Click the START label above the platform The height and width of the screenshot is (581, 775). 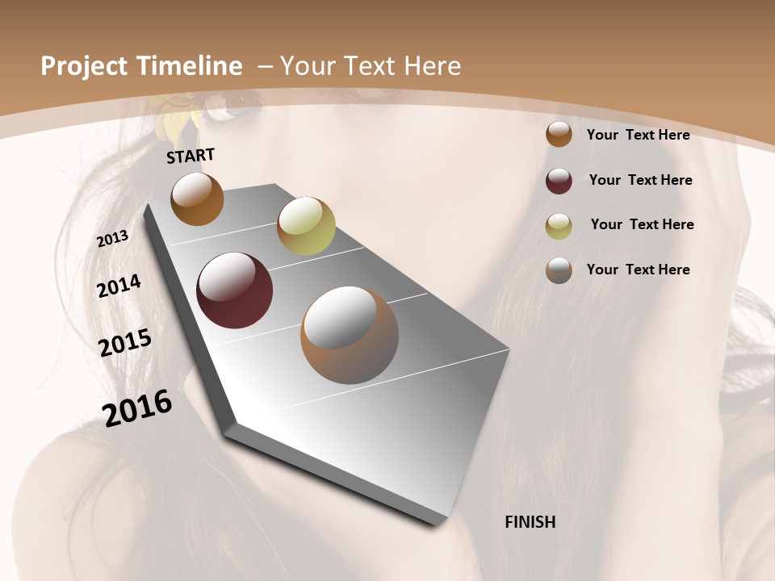(191, 156)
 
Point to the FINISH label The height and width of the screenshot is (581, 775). (530, 522)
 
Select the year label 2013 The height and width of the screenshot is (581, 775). (113, 239)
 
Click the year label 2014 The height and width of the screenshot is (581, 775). (119, 286)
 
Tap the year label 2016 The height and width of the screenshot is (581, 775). (137, 408)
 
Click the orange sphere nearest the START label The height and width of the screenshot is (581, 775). (197, 199)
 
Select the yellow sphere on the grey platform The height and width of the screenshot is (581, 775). (306, 226)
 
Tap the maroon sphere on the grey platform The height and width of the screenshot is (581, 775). (234, 290)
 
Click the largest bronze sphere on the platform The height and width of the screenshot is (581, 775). (350, 334)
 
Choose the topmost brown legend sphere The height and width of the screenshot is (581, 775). (559, 135)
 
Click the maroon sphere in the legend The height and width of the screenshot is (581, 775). (559, 181)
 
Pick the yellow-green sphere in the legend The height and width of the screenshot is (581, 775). (559, 225)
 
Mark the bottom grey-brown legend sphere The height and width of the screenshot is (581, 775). (559, 270)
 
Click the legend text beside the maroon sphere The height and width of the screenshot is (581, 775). (640, 180)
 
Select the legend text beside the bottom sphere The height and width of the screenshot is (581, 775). (638, 270)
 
